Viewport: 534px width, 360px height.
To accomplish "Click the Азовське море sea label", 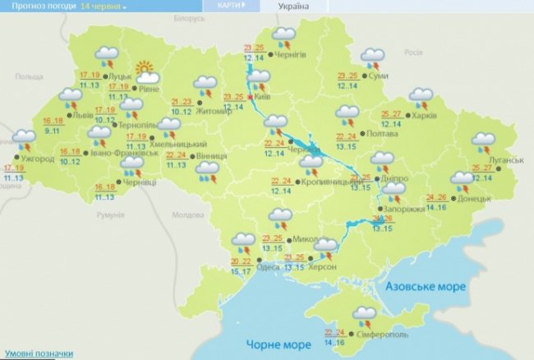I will click(426, 287).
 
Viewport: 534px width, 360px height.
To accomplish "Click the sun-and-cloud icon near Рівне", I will click(145, 69).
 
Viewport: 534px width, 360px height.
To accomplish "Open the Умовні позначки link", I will click(36, 353).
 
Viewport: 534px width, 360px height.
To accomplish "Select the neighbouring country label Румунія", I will click(108, 215).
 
